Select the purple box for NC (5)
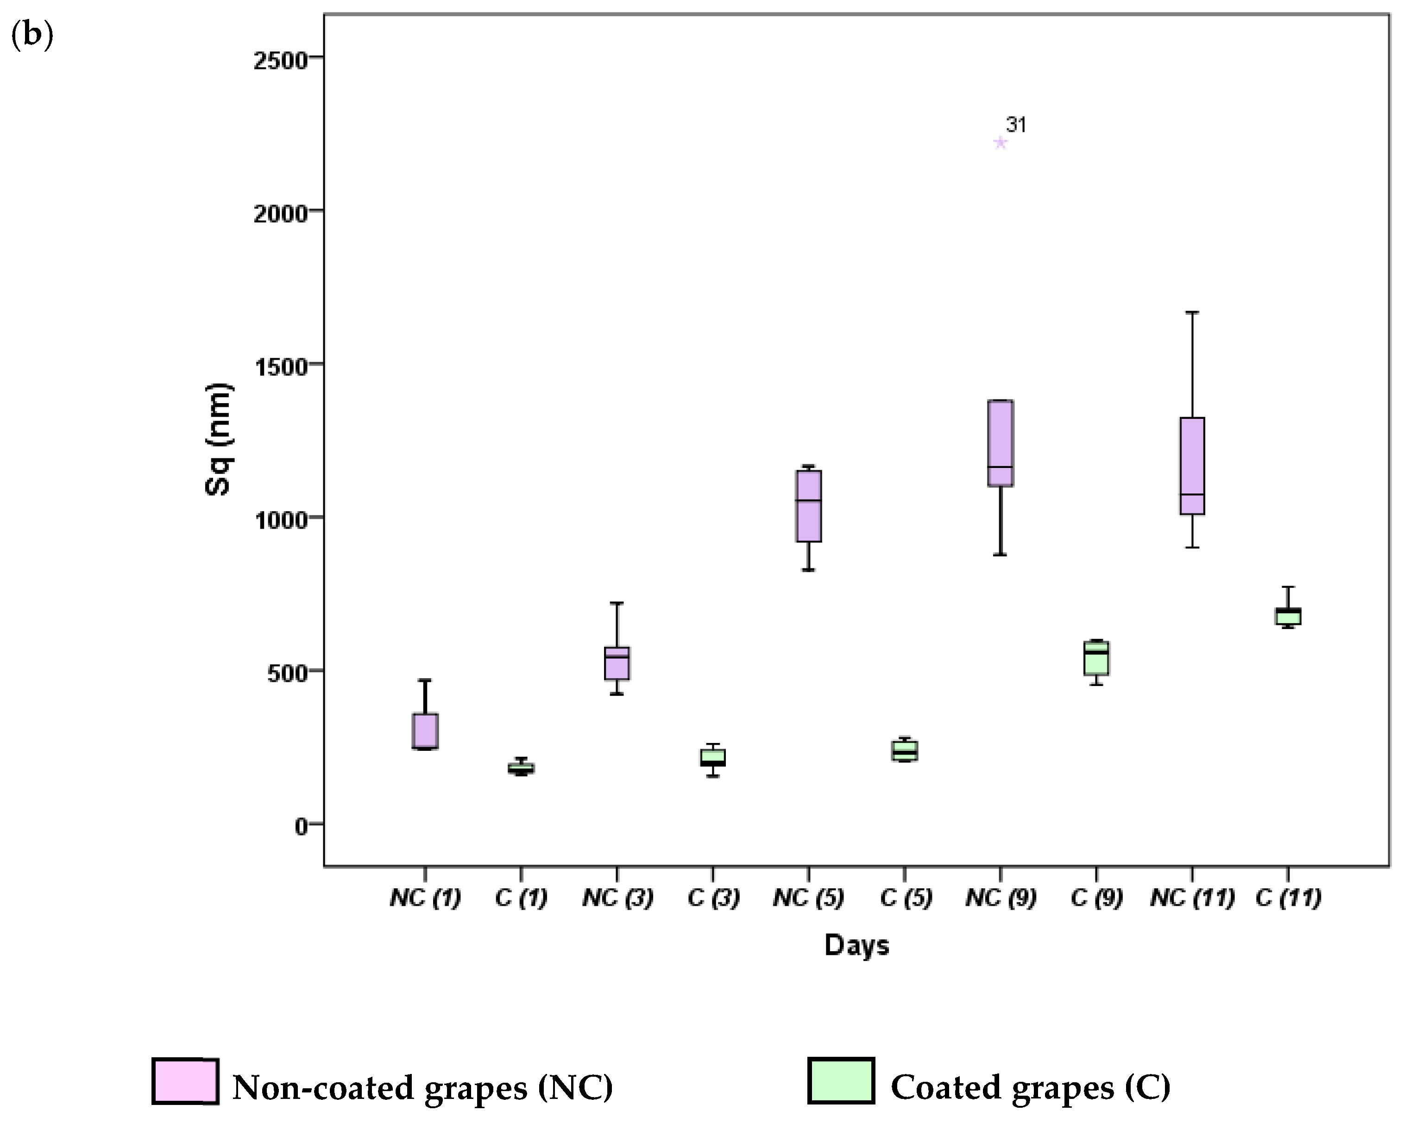point(808,506)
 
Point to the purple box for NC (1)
point(425,731)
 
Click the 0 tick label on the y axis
point(300,827)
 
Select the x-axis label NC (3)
point(617,898)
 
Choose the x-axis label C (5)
point(905,898)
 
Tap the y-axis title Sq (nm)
point(218,439)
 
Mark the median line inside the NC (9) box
point(1000,467)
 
